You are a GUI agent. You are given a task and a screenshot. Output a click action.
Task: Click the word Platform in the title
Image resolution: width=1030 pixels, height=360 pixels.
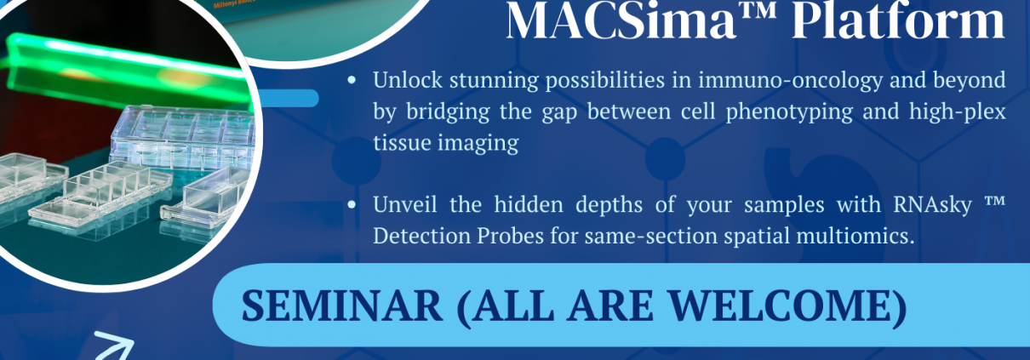coord(899,21)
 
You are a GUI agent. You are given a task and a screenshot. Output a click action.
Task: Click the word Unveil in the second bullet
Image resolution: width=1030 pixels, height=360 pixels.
coord(404,204)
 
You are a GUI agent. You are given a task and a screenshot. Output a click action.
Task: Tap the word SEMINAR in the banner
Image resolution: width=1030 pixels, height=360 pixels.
coord(342,306)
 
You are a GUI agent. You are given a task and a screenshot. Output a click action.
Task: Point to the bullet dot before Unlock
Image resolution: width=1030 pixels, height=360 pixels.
coord(352,81)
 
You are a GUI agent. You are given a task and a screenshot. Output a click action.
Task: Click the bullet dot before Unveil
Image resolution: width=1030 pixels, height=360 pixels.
coord(352,205)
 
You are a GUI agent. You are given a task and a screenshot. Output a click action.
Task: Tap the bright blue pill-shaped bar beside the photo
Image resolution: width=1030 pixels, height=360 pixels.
coord(288,99)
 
